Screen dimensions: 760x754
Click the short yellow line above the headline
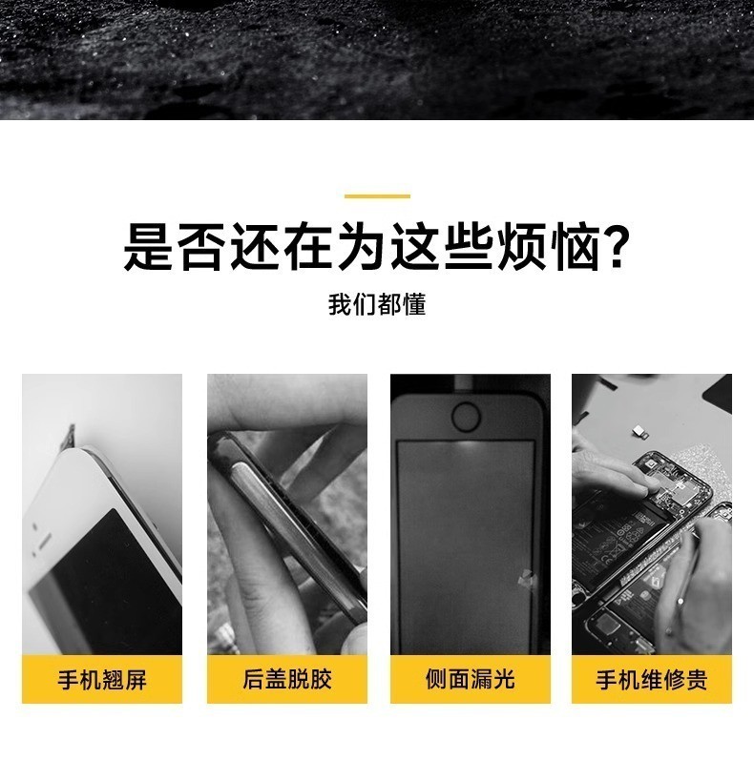click(377, 196)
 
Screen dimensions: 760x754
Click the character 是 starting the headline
click(148, 248)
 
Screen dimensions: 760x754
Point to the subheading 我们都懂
click(377, 305)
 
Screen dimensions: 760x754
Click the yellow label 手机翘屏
click(102, 680)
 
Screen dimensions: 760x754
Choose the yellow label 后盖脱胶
click(287, 680)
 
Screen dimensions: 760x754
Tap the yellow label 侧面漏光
click(470, 680)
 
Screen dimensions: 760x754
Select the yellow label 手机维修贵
click(652, 680)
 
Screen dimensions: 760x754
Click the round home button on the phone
click(466, 416)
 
